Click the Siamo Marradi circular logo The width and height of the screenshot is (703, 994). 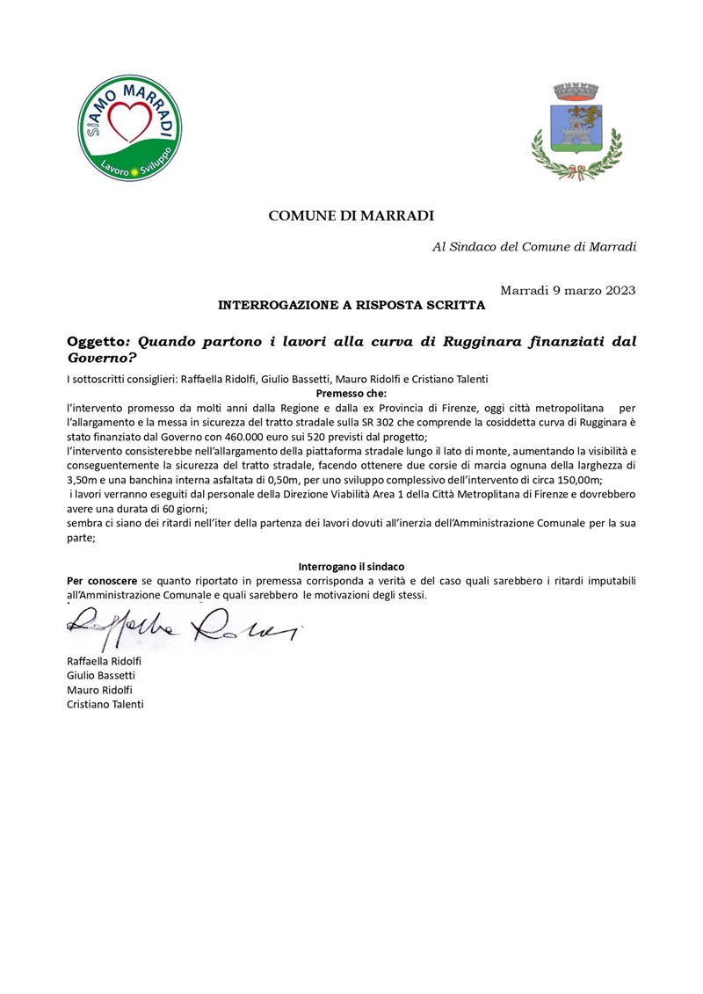131,127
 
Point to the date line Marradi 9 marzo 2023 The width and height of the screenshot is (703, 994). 568,290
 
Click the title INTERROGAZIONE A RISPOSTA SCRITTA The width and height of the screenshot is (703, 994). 351,306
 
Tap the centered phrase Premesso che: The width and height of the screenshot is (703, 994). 351,394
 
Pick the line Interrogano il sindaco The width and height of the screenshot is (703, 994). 351,567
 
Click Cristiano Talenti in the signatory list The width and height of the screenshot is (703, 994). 105,705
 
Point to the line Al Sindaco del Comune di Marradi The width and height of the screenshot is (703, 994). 534,247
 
